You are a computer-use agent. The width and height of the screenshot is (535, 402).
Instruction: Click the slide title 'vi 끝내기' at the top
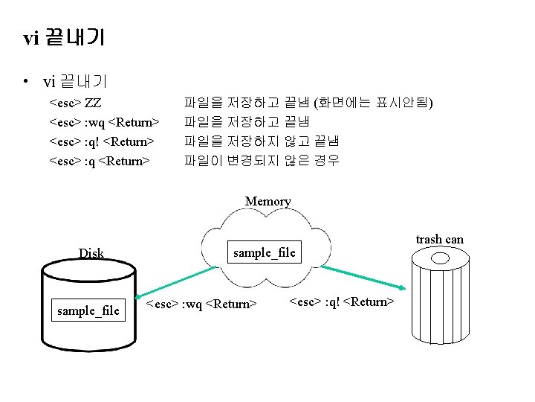click(x=64, y=37)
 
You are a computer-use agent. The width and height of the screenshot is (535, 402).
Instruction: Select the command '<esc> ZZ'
click(x=75, y=102)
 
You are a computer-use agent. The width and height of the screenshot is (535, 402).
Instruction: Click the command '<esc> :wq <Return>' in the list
click(x=104, y=121)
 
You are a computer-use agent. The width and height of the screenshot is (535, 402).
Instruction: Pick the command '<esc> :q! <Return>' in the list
click(x=101, y=141)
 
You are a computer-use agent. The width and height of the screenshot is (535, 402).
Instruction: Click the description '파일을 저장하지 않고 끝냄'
click(x=262, y=141)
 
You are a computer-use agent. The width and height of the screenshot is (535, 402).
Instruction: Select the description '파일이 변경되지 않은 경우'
click(x=262, y=160)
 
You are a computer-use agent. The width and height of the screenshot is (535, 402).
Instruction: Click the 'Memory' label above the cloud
click(x=267, y=201)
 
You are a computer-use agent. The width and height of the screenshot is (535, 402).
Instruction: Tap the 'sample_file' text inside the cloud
click(x=264, y=252)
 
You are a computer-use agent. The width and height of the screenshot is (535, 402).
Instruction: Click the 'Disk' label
click(x=91, y=253)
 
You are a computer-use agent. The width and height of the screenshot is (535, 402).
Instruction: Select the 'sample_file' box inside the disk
click(x=88, y=310)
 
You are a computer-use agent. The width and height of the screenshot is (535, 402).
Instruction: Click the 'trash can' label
click(x=439, y=239)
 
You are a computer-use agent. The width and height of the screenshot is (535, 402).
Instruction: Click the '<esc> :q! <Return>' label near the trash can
click(x=341, y=301)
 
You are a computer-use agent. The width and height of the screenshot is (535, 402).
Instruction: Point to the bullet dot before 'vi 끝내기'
click(x=26, y=80)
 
